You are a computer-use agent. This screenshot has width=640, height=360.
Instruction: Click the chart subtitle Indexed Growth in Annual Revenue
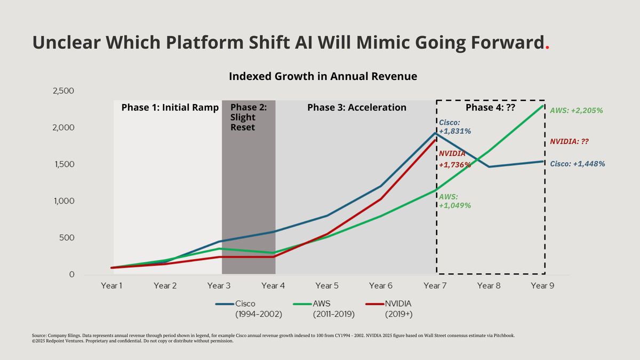click(323, 76)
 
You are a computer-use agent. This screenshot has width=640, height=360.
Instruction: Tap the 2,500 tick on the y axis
click(63, 91)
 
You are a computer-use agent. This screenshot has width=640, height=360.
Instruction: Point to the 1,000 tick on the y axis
click(63, 201)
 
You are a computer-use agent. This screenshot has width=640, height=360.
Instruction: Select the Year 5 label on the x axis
click(325, 286)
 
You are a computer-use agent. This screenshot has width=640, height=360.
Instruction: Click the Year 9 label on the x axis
click(542, 286)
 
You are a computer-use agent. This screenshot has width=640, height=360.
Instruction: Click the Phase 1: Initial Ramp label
click(170, 107)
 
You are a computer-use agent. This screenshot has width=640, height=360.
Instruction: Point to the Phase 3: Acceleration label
click(357, 107)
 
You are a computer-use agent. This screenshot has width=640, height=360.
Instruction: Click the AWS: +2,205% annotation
click(576, 111)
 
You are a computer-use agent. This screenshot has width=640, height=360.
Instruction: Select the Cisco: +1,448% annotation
click(578, 164)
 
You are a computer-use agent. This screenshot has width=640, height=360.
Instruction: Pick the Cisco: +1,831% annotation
click(451, 126)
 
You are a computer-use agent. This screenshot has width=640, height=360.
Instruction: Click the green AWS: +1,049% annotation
click(455, 201)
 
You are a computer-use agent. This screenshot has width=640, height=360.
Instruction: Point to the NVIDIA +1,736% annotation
click(454, 159)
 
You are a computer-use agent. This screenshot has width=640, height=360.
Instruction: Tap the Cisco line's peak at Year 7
click(435, 133)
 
